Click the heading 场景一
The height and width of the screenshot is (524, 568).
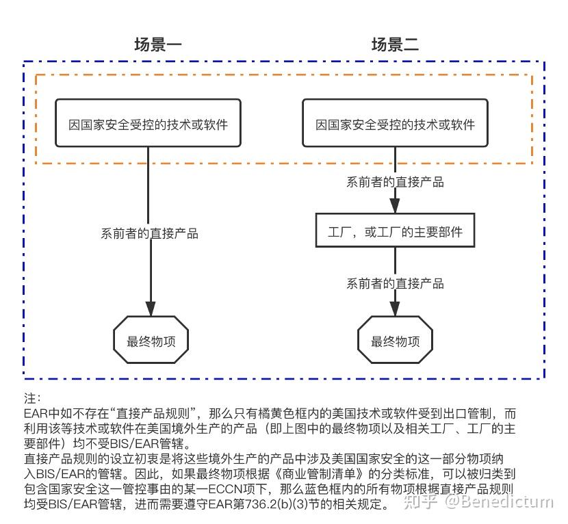coord(158,46)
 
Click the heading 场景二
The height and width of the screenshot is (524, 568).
coord(395,46)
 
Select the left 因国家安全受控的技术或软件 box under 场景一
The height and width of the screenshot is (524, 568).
coord(149,124)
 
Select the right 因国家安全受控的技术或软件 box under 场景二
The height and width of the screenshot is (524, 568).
coord(395,124)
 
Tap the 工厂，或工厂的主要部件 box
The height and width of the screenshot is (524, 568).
coord(395,232)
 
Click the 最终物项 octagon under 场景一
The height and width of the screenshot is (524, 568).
coord(149,340)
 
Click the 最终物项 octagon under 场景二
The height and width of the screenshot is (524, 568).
coord(395,340)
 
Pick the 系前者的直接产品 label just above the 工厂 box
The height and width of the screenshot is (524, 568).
coord(395,182)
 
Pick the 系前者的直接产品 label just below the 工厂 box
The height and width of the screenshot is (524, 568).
coord(395,283)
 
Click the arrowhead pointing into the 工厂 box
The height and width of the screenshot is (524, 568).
coord(395,206)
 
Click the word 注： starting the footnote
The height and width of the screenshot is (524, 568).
coord(32,397)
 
